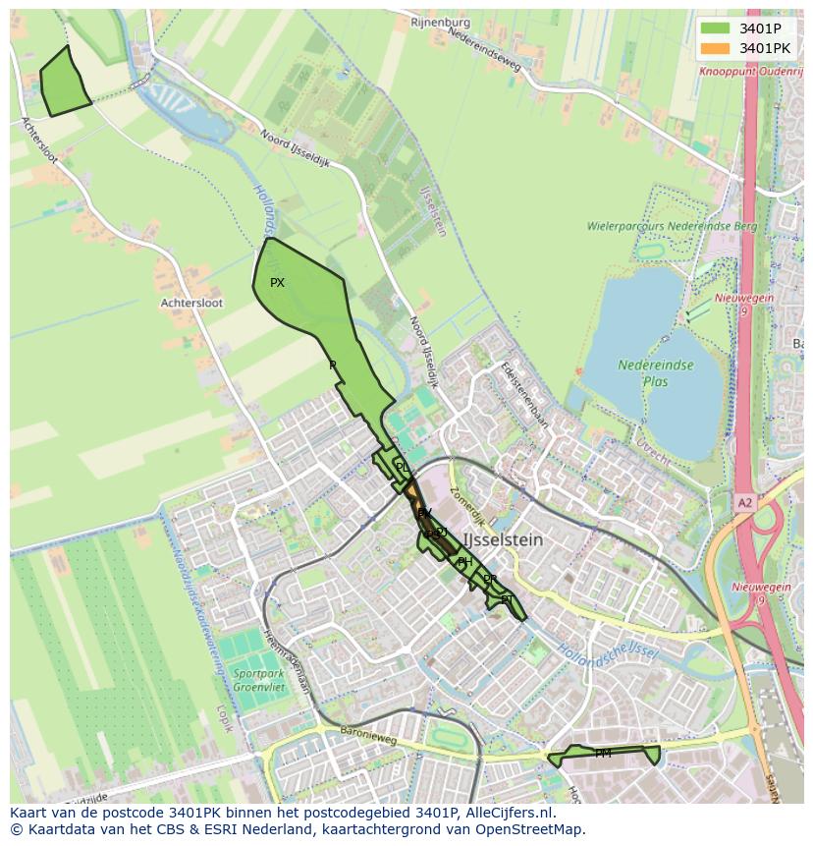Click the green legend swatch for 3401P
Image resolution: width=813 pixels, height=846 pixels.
tap(715, 28)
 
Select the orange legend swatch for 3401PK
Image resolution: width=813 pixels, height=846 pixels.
tap(715, 47)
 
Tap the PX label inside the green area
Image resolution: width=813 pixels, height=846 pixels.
tap(277, 283)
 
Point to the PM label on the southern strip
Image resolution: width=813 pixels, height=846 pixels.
tap(603, 754)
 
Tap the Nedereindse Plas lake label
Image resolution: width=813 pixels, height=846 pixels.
tap(656, 372)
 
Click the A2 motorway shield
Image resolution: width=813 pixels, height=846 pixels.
tap(746, 502)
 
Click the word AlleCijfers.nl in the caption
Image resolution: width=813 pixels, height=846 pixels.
tap(509, 813)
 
